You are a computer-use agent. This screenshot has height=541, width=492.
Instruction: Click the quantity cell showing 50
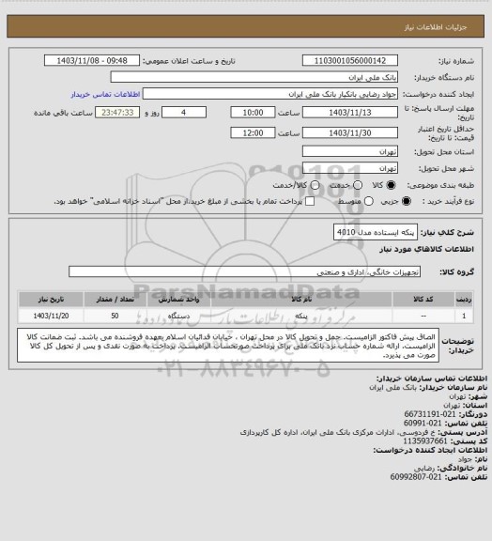click(115, 316)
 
